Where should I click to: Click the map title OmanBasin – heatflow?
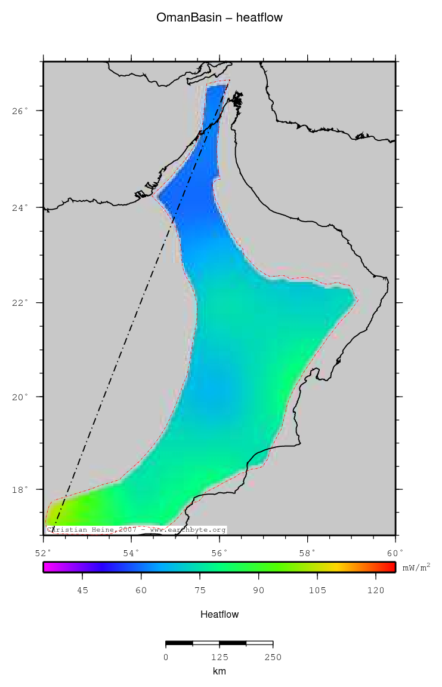(220, 18)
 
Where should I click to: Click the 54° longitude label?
(132, 553)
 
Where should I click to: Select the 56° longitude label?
(220, 553)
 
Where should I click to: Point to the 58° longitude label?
(308, 553)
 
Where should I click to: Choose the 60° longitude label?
(395, 553)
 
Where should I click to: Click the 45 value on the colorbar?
(82, 591)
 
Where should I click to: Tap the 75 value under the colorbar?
(200, 591)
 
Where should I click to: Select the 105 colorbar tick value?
(317, 591)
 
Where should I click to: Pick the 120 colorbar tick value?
(375, 591)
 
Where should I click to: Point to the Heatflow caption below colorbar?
(220, 615)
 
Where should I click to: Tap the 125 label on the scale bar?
(220, 657)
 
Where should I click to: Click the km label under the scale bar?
(220, 671)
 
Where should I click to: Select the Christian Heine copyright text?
(137, 529)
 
